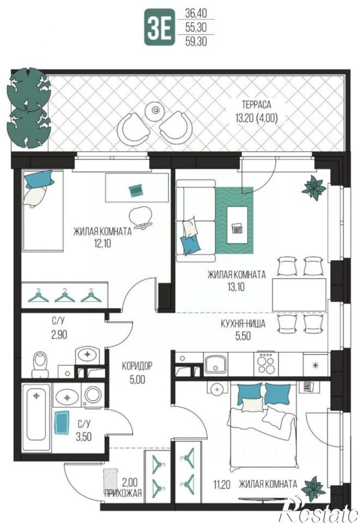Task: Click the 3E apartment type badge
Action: pos(159,27)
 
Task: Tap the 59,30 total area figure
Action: pos(196,41)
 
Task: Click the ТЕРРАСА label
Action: pos(256,105)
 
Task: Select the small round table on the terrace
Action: pos(155,110)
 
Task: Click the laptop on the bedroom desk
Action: pos(136,190)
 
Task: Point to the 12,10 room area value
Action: pos(102,243)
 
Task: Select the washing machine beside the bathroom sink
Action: pos(93,394)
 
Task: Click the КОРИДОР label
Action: pos(137,366)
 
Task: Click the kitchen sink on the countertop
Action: pos(215,364)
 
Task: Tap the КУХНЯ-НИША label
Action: pos(243,324)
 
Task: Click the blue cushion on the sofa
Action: pos(191,246)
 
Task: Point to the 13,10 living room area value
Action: pos(236,287)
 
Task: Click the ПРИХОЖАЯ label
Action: pos(123,493)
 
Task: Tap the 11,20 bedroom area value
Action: pos(221,484)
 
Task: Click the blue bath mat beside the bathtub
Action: pos(62,423)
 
